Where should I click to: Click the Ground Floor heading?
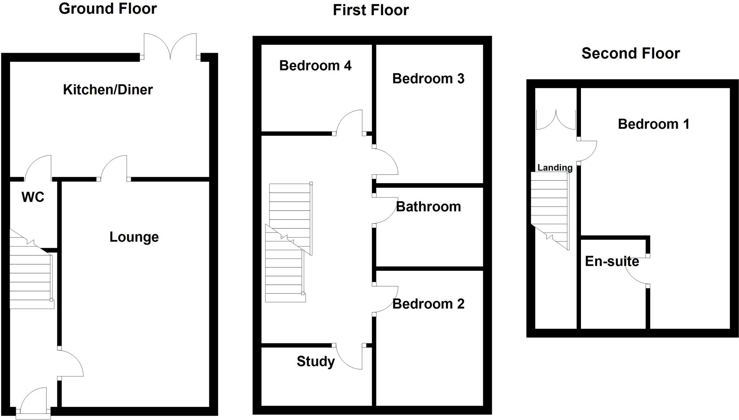pyautogui.click(x=108, y=9)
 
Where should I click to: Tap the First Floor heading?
pyautogui.click(x=371, y=10)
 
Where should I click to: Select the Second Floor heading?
pyautogui.click(x=630, y=53)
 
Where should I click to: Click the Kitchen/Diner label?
pyautogui.click(x=108, y=90)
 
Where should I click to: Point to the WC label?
pyautogui.click(x=33, y=197)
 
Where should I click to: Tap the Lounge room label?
pyautogui.click(x=134, y=237)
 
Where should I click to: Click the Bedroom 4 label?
pyautogui.click(x=315, y=66)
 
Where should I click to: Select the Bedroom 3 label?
pyautogui.click(x=428, y=79)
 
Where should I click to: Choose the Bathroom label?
pyautogui.click(x=428, y=207)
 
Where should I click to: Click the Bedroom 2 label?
pyautogui.click(x=428, y=304)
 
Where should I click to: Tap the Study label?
pyautogui.click(x=315, y=361)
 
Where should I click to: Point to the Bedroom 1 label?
pyautogui.click(x=653, y=124)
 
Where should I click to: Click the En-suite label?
pyautogui.click(x=612, y=261)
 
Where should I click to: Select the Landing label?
pyautogui.click(x=555, y=168)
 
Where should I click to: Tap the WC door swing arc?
pyautogui.click(x=37, y=167)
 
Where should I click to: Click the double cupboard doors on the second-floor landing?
pyautogui.click(x=556, y=120)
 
